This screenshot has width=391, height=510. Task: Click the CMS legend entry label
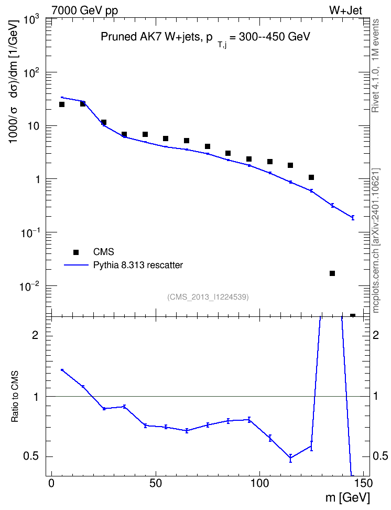click(x=103, y=252)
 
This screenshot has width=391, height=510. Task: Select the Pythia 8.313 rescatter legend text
click(x=138, y=265)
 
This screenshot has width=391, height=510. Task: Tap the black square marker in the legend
click(x=76, y=252)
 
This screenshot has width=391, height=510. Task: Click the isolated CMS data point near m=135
click(x=332, y=273)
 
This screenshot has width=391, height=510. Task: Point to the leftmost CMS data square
click(x=62, y=104)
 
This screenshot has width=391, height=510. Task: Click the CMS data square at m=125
click(x=311, y=177)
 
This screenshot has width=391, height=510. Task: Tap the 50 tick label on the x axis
click(x=156, y=483)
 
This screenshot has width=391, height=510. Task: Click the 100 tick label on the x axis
click(x=260, y=483)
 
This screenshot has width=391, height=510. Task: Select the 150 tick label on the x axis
click(x=364, y=483)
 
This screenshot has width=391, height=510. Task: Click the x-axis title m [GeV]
click(x=347, y=497)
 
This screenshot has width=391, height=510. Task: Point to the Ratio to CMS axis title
click(x=15, y=396)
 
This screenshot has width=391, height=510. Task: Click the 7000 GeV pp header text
click(x=84, y=10)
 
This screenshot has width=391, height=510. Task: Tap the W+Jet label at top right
click(x=345, y=10)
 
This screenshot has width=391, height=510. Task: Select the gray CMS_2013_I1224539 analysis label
click(x=208, y=297)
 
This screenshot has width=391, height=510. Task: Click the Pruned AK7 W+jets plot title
click(x=206, y=38)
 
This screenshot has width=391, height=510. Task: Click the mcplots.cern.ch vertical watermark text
click(x=376, y=240)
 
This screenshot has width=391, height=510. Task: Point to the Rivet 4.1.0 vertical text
click(x=375, y=66)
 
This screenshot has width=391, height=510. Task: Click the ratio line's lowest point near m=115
click(x=290, y=458)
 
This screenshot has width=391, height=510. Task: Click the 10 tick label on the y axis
click(x=32, y=126)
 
